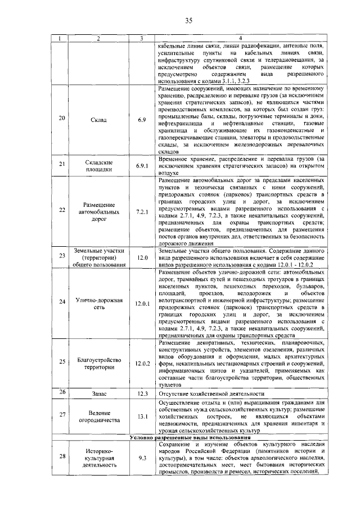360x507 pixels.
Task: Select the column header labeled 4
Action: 240,38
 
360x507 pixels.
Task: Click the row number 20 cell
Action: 62,120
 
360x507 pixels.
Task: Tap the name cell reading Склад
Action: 98,120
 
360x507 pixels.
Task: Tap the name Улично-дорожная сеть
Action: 98,304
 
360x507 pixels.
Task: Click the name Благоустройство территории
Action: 98,363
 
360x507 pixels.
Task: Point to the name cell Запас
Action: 98,394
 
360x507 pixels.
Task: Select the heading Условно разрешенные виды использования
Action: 190,437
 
